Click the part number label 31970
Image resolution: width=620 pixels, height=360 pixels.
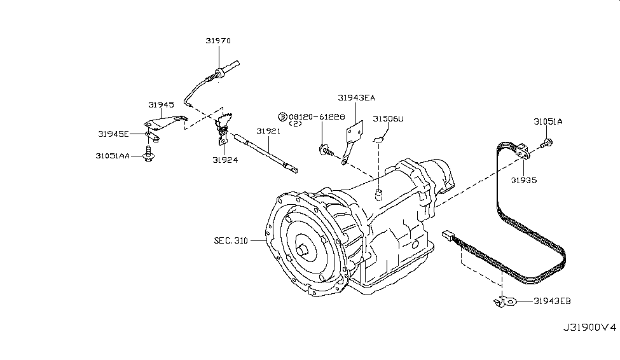coord(218,41)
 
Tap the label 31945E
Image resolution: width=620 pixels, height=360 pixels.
coord(113,134)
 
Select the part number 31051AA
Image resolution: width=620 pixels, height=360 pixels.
coord(113,156)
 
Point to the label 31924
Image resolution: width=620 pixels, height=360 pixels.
coord(225,160)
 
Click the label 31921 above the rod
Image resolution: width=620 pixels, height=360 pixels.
coord(268,131)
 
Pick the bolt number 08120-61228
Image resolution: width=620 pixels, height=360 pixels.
coord(317,117)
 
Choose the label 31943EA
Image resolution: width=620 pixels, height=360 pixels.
coord(356,98)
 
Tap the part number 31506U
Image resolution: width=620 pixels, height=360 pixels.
coord(389,119)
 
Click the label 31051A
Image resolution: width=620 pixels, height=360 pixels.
coord(548,122)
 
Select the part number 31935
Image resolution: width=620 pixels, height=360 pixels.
coord(524,181)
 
